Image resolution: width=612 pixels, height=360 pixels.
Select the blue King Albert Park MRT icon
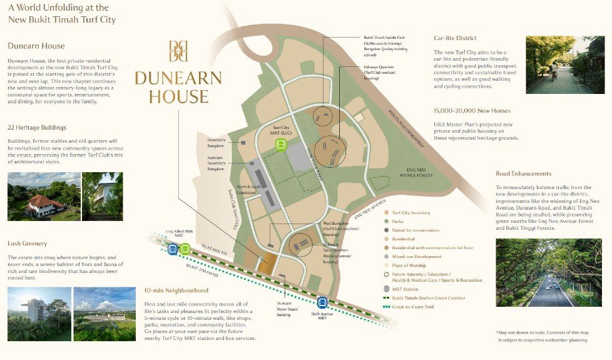click(x=172, y=249)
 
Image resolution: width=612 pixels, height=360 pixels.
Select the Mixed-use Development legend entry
click(x=417, y=256)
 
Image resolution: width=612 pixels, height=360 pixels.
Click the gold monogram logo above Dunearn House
click(x=178, y=51)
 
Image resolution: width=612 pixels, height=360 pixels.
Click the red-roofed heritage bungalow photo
click(x=44, y=197)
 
